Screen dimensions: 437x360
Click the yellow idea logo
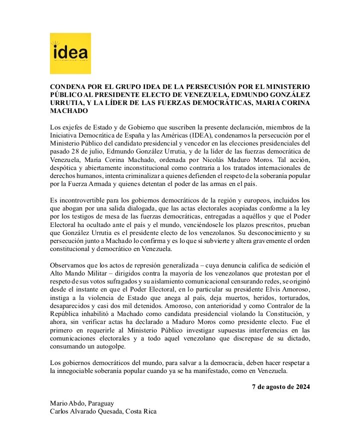70,53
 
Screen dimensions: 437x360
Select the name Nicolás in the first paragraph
212,159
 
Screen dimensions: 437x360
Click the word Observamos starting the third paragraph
69,264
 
